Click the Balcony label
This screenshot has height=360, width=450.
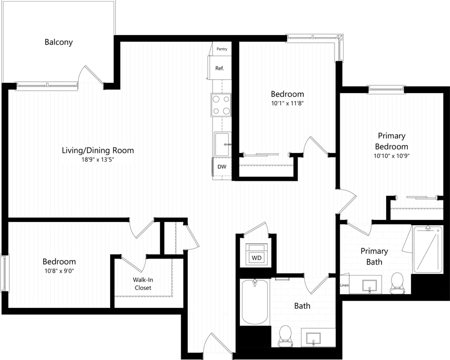[58, 42]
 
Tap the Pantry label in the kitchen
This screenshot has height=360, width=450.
[222, 49]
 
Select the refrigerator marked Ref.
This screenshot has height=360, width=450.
[219, 68]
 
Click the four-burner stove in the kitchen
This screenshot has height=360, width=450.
[221, 105]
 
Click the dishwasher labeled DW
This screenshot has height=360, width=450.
[222, 167]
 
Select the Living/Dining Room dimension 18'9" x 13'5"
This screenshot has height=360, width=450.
[98, 160]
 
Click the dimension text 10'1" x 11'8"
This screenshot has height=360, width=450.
[287, 103]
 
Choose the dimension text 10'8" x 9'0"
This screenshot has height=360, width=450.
[59, 271]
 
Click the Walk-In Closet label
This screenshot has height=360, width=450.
[143, 284]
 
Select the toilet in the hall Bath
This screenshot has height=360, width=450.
[284, 336]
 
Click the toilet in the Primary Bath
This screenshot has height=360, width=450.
[396, 283]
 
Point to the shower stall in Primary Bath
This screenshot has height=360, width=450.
[427, 249]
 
